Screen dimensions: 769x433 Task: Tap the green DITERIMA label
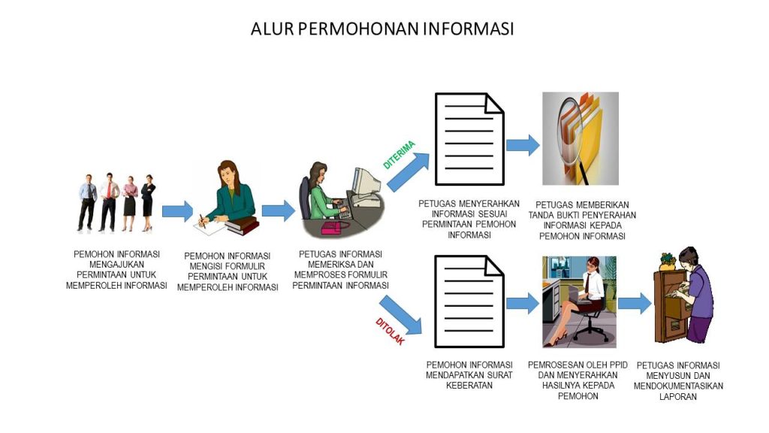[399, 155]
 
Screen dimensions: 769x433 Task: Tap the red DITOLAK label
[390, 331]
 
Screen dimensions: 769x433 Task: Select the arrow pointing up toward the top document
[408, 171]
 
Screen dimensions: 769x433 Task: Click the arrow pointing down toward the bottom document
[401, 315]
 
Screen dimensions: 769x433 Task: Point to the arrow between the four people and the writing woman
[177, 211]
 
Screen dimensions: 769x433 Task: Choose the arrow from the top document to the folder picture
[523, 145]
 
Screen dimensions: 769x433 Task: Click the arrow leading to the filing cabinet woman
[635, 303]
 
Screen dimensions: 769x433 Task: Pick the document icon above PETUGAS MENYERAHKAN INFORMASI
[469, 139]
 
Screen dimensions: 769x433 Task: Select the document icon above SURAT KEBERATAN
[469, 301]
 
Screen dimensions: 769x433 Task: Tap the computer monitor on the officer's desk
[366, 183]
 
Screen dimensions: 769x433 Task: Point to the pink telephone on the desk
[335, 227]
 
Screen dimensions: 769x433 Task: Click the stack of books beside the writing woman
[242, 226]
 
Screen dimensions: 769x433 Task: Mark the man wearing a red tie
[109, 201]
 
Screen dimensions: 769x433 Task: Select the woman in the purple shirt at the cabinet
[694, 295]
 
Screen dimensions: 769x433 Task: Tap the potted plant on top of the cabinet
[668, 261]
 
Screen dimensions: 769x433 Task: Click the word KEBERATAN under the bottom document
[469, 386]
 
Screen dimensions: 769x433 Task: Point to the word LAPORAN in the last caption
[678, 397]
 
